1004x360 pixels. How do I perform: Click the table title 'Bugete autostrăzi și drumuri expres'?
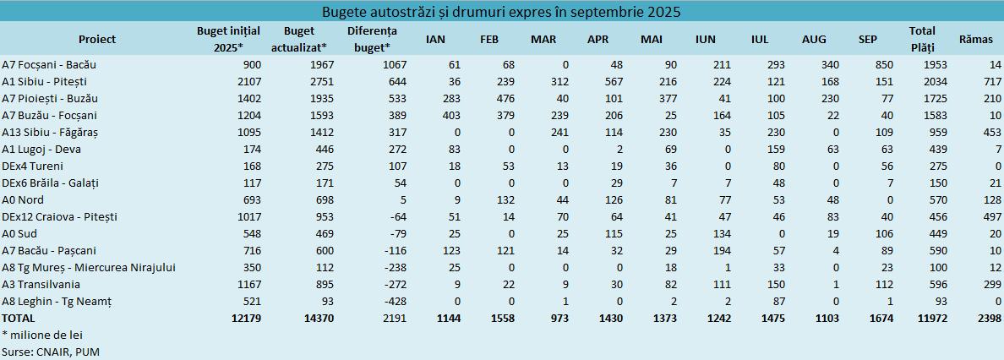point(502,12)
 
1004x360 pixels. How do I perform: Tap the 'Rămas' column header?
point(976,39)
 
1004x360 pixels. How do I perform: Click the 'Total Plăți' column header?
point(922,39)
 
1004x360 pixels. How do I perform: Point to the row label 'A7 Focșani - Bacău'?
point(49,65)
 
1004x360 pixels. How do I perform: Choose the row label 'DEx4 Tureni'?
point(33,166)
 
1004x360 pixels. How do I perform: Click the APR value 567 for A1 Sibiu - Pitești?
point(598,82)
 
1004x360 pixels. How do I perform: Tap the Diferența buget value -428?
point(396,302)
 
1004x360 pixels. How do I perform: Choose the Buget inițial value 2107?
point(231,82)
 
